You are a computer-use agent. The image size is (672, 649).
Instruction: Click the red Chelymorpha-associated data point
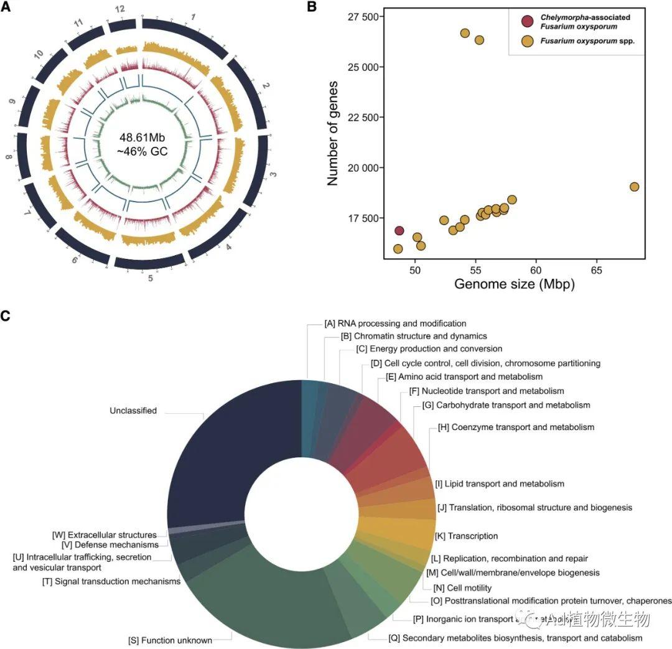coord(399,231)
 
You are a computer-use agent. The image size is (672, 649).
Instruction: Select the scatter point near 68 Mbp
coord(634,187)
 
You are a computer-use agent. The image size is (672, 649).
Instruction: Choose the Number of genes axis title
coord(333,132)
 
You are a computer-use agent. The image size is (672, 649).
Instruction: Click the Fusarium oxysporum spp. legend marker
coord(528,42)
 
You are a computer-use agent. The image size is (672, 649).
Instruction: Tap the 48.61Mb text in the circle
coord(142,137)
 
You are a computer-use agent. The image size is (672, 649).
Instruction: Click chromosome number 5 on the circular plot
coord(150,278)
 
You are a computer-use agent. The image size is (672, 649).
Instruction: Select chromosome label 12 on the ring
coord(120,11)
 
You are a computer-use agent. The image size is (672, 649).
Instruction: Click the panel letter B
coord(312,7)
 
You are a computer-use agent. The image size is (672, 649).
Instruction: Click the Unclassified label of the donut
coord(133,411)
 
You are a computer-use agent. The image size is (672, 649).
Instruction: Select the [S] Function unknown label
coord(170,640)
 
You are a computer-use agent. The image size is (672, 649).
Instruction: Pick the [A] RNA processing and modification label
coord(395,324)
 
